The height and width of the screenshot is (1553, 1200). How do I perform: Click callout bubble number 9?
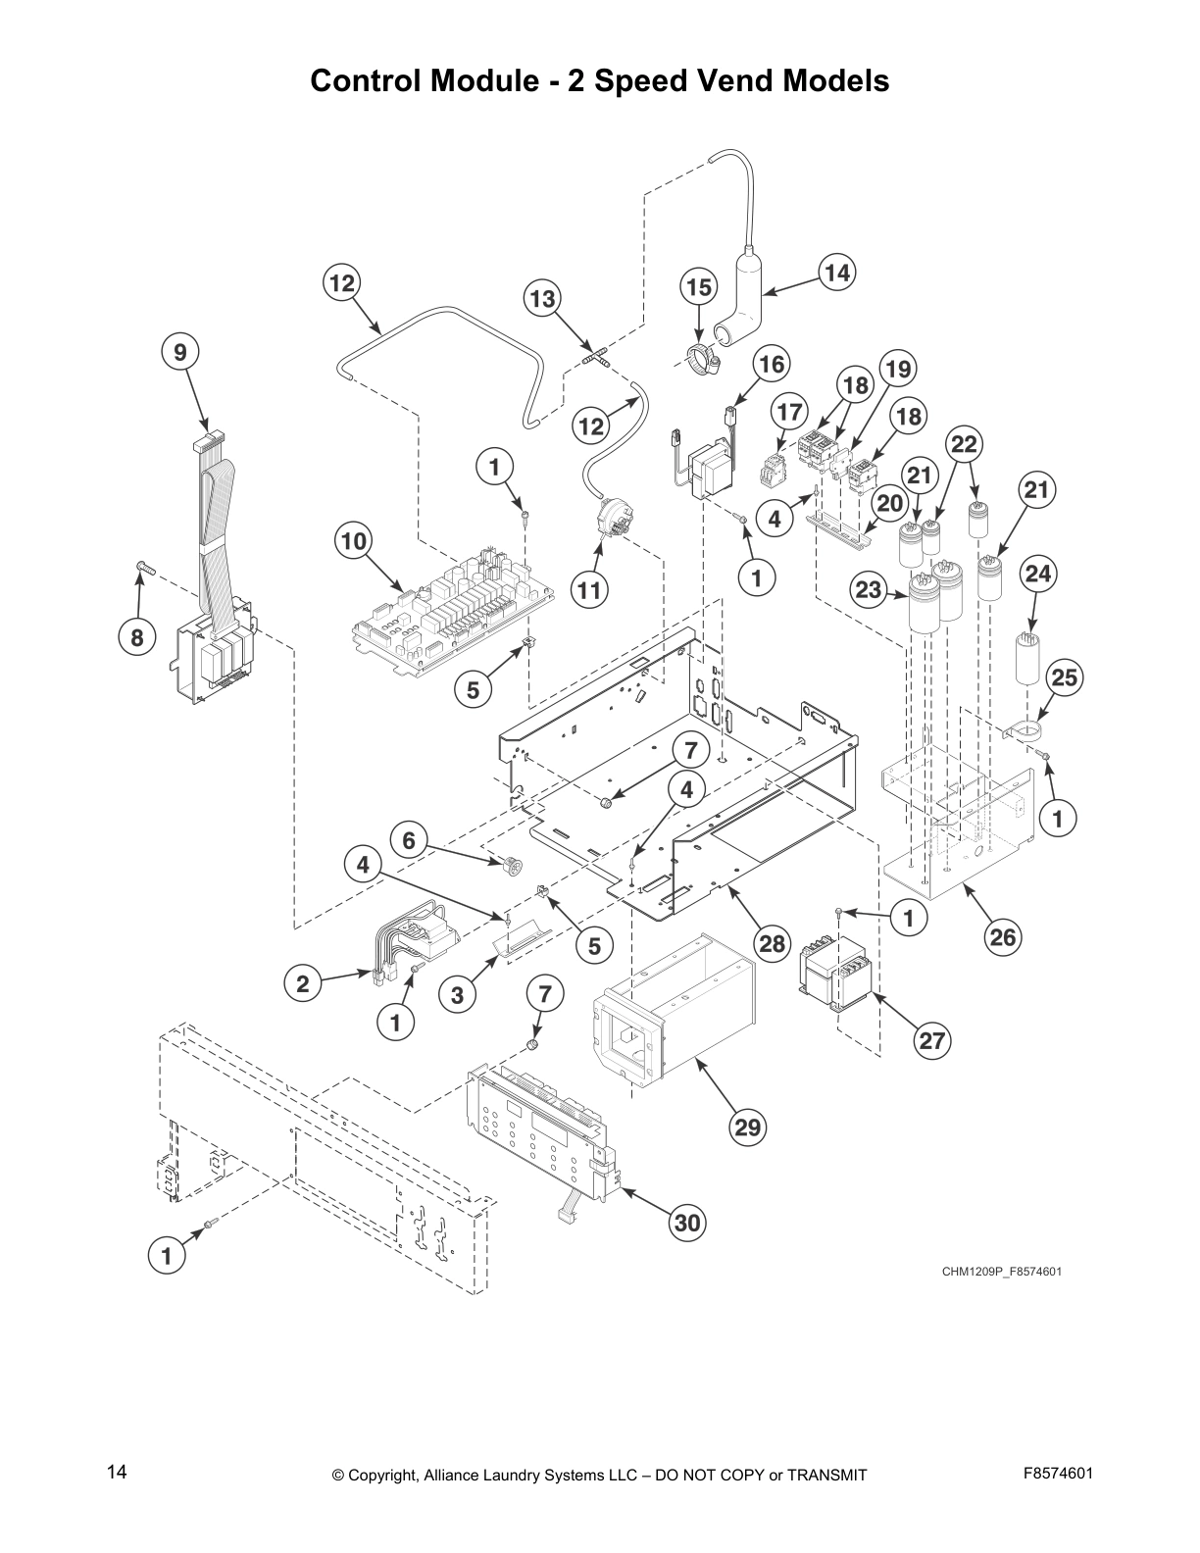pos(180,352)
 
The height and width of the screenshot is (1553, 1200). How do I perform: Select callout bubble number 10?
pos(353,541)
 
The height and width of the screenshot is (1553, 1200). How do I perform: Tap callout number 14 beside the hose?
pos(836,273)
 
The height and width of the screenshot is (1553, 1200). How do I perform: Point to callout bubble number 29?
pos(747,1127)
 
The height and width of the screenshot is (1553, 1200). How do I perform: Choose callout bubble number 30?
pos(688,1223)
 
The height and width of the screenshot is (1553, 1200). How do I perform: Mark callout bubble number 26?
pos(1002,937)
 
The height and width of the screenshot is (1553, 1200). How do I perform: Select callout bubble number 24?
pos(1038,573)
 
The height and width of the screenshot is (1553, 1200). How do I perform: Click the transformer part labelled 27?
pos(836,976)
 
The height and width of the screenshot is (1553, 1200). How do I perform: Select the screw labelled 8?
pos(143,566)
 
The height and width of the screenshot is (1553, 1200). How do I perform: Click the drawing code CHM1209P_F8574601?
pos(1002,1272)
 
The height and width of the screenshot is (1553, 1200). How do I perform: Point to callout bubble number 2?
pos(303,983)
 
